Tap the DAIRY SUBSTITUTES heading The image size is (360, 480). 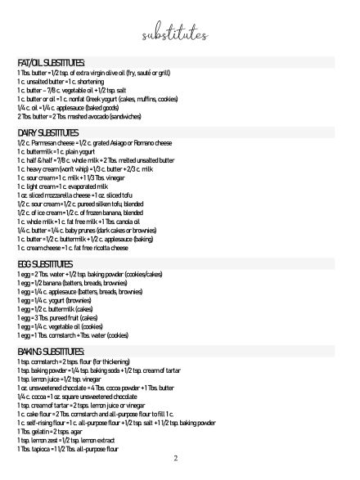(x=47, y=132)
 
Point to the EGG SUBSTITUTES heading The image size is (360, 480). (x=45, y=264)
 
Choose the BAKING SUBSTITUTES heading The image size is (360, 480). (x=51, y=351)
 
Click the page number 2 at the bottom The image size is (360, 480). (x=175, y=458)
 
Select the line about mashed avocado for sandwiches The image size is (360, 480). (x=76, y=117)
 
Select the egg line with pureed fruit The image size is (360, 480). (x=61, y=317)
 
